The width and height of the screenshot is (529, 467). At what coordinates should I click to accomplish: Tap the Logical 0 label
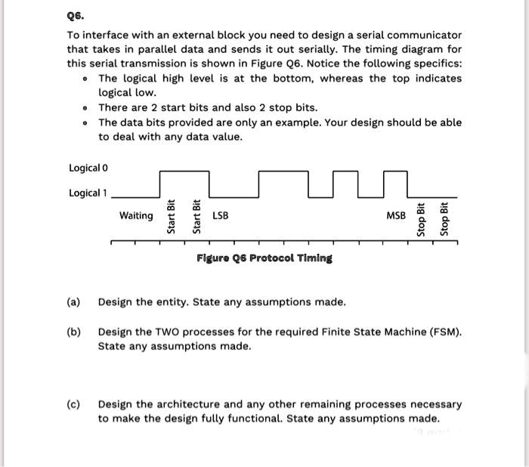88,168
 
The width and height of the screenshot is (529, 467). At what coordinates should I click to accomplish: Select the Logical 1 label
88,193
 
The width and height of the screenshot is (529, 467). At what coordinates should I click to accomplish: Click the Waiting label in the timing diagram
136,216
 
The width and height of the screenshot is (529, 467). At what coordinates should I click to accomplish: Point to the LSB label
221,216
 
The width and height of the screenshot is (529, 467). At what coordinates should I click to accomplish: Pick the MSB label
395,216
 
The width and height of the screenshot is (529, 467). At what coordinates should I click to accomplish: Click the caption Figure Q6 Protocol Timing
264,258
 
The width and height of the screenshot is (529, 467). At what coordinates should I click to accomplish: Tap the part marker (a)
73,302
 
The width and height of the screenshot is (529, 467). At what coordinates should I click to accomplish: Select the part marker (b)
73,332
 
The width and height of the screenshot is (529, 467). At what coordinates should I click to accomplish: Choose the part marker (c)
73,404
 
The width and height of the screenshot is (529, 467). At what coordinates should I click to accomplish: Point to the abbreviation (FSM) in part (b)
444,332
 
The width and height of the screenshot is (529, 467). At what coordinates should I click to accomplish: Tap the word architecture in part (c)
186,404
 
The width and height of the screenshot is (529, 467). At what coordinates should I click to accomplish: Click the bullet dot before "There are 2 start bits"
88,108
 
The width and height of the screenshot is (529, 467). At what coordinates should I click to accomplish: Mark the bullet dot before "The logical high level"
88,79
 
